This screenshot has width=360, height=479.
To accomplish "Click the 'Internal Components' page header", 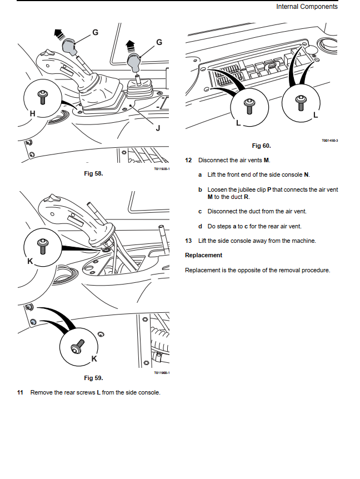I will click(x=307, y=7).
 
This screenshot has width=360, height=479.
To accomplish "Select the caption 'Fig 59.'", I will click(x=93, y=378).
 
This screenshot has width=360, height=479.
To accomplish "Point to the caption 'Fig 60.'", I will click(x=261, y=146).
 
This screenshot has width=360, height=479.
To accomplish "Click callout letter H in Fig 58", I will click(x=33, y=114).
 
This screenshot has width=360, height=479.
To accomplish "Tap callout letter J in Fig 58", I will click(x=158, y=128).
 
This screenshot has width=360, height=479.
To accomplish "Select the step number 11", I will click(x=20, y=393).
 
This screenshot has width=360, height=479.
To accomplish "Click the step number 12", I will click(x=188, y=160).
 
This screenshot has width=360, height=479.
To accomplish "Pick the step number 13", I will click(x=188, y=241).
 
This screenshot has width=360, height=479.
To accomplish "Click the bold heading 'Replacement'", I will click(x=203, y=256).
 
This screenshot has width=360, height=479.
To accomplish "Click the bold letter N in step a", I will click(x=307, y=175).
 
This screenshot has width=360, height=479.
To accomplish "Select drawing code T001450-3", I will click(x=329, y=141).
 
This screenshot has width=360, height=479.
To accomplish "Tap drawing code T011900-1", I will click(x=162, y=372).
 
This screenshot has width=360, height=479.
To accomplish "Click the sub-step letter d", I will click(x=200, y=226).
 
